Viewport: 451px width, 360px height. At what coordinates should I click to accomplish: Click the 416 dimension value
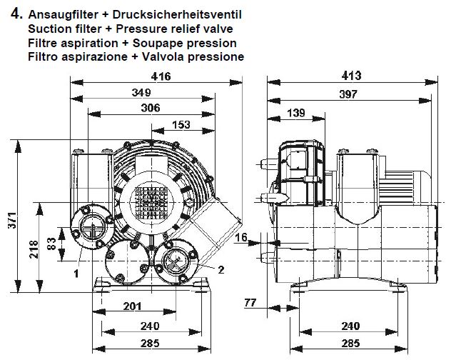161,76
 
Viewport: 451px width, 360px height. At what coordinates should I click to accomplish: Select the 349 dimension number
141,92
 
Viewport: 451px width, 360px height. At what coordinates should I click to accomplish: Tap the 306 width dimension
151,108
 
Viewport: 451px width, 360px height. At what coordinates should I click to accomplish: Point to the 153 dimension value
181,125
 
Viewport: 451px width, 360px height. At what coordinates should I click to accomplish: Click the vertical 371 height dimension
12,221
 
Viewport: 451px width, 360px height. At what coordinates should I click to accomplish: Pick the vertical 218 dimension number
34,249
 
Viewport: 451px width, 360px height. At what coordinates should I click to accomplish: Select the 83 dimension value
51,244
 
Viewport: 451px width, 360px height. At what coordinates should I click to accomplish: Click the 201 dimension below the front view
132,306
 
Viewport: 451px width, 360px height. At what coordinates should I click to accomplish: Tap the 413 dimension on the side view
351,76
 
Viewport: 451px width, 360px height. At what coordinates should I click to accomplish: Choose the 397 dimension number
348,94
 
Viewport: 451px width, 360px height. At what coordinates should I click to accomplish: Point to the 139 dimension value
296,113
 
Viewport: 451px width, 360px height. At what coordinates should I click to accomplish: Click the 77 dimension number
250,303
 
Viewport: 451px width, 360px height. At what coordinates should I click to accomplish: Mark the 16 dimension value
241,237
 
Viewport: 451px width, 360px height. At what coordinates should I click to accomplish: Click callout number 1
76,273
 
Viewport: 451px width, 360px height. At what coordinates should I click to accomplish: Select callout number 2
221,270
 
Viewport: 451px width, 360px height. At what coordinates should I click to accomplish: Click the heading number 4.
16,14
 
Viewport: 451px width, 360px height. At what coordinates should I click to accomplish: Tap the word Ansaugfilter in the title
63,14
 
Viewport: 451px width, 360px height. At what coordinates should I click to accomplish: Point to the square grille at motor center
151,202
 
